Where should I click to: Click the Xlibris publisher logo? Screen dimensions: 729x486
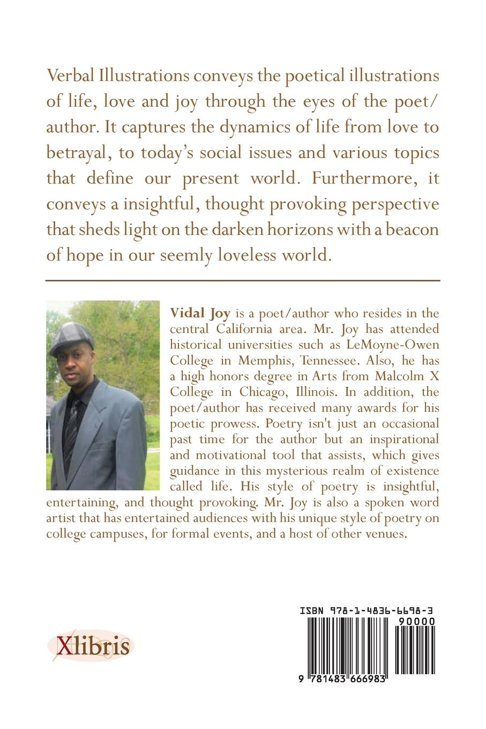pyautogui.click(x=89, y=645)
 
